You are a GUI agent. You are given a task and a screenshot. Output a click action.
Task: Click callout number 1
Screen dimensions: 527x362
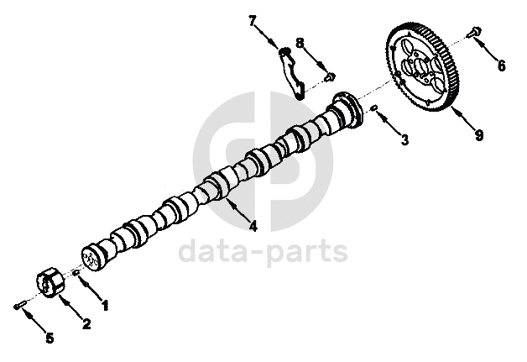pyautogui.click(x=105, y=307)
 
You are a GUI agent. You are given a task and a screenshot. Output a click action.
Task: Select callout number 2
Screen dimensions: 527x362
pyautogui.click(x=86, y=323)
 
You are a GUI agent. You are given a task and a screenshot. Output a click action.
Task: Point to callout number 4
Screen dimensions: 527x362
pyautogui.click(x=253, y=224)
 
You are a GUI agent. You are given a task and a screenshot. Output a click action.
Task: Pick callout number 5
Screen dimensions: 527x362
pyautogui.click(x=49, y=338)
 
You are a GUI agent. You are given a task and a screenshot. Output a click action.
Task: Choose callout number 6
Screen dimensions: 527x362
pyautogui.click(x=501, y=66)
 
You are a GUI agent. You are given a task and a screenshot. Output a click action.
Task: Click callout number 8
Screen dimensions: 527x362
pyautogui.click(x=299, y=42)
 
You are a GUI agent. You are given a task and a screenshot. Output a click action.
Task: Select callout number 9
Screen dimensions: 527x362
pyautogui.click(x=478, y=134)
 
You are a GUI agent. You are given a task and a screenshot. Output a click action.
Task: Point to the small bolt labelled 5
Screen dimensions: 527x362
pyautogui.click(x=18, y=306)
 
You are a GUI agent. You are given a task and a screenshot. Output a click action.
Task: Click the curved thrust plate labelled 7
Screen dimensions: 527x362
pyautogui.click(x=290, y=71)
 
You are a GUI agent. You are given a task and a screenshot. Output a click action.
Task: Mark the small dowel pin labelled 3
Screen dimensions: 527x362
pyautogui.click(x=375, y=108)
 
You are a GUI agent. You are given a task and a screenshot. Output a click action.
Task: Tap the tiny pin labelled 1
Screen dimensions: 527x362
pyautogui.click(x=76, y=273)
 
